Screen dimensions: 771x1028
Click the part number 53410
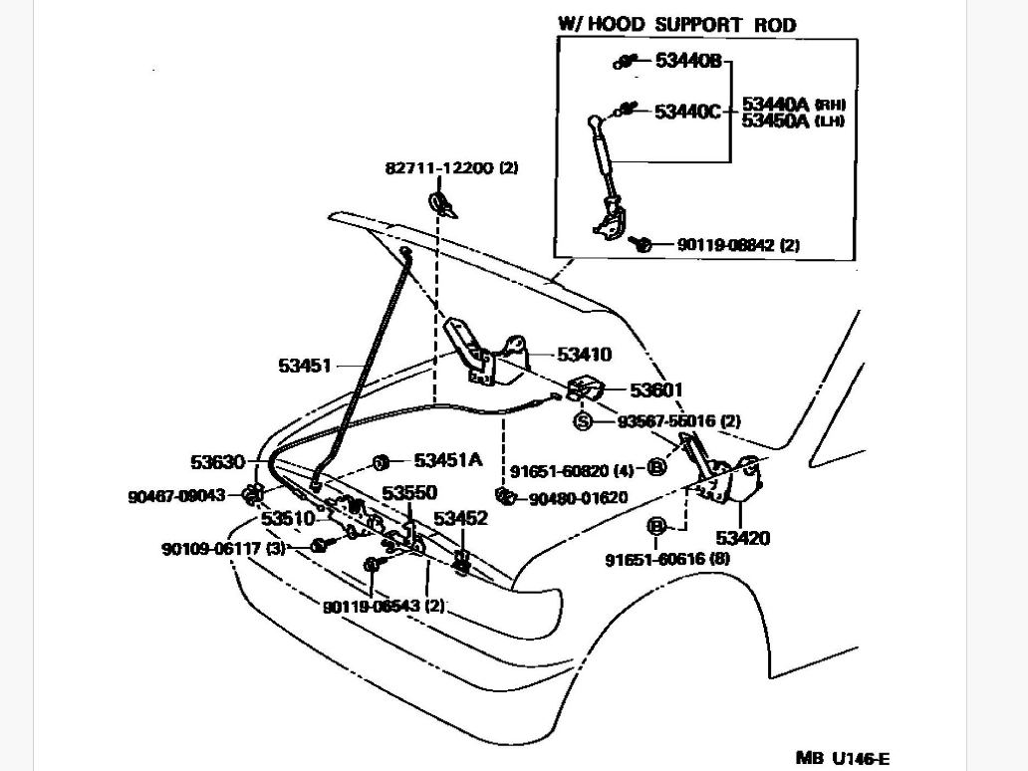tap(584, 355)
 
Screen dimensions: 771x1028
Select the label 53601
tap(656, 389)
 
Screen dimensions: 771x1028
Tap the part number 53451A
tap(447, 460)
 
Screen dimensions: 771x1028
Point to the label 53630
tap(217, 462)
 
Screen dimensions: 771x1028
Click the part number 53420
tap(742, 539)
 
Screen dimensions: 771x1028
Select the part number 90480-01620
tap(578, 498)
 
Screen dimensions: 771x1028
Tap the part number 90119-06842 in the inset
tap(724, 244)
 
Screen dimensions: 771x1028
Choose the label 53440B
tap(687, 61)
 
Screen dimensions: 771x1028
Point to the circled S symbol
tap(583, 421)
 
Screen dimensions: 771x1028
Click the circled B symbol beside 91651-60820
tap(656, 467)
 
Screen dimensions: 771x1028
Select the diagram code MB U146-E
tap(842, 758)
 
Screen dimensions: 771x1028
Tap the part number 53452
tap(460, 518)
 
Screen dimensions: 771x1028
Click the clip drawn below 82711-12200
tap(441, 205)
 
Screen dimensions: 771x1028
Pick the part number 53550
tap(409, 493)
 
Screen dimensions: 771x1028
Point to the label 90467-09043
tap(176, 496)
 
